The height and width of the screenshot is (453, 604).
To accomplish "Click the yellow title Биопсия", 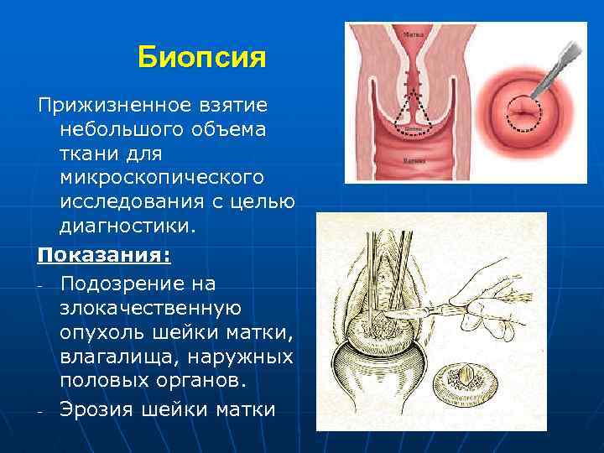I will pos(201,58).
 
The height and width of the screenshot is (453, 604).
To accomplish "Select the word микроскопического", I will pos(162,179).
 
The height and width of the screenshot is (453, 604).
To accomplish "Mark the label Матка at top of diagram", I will pos(414,35).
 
